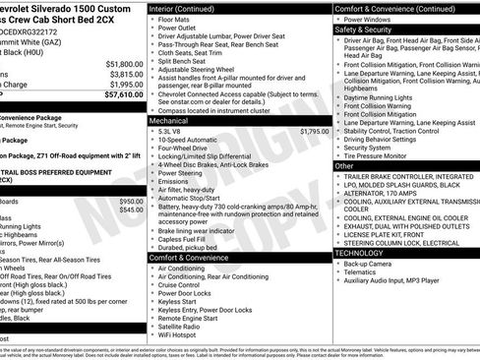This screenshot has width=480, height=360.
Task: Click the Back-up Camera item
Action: coord(372,263)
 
